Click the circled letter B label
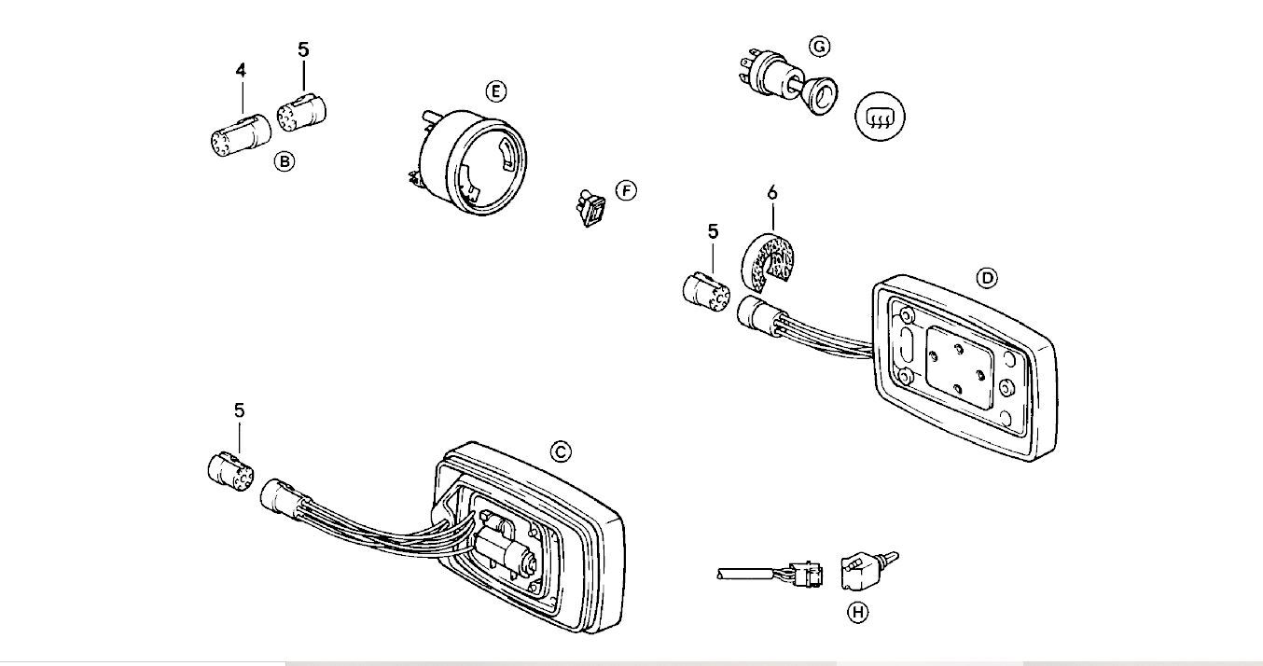[x=285, y=161]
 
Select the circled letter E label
[x=495, y=90]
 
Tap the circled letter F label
[x=626, y=191]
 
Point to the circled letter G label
[x=818, y=46]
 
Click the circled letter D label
[x=986, y=277]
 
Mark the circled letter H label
[x=856, y=613]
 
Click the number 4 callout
[x=241, y=70]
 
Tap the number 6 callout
[x=771, y=193]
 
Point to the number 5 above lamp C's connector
[x=240, y=410]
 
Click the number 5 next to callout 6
[x=714, y=231]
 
